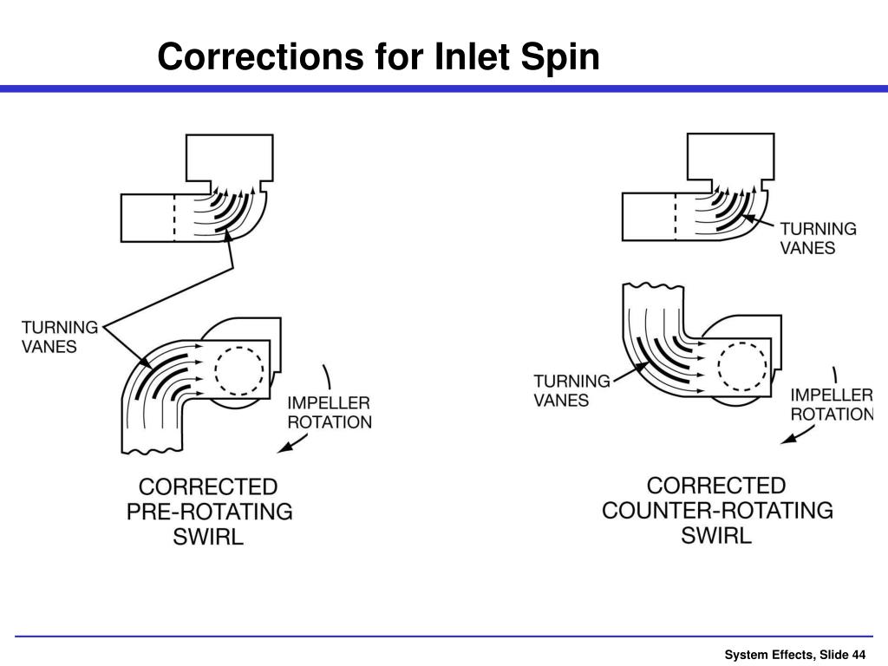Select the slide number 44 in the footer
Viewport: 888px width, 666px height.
pyautogui.click(x=859, y=654)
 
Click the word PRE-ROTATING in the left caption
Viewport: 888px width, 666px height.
pyautogui.click(x=210, y=511)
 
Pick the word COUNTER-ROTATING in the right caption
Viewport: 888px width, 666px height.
pyautogui.click(x=717, y=510)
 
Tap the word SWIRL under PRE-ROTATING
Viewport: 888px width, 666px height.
pyautogui.click(x=208, y=536)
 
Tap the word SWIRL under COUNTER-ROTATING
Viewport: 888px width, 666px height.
pyautogui.click(x=716, y=535)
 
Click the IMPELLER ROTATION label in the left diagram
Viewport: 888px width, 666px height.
pyautogui.click(x=330, y=413)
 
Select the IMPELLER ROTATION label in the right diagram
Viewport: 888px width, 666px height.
pyautogui.click(x=831, y=404)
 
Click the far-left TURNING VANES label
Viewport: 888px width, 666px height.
pyautogui.click(x=60, y=336)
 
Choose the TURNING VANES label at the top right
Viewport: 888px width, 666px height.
pyautogui.click(x=818, y=238)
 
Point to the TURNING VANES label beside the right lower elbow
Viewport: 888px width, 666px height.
pyautogui.click(x=571, y=390)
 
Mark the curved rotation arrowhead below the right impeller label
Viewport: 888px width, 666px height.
pyautogui.click(x=787, y=439)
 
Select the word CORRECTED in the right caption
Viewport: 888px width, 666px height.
pyautogui.click(x=716, y=485)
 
